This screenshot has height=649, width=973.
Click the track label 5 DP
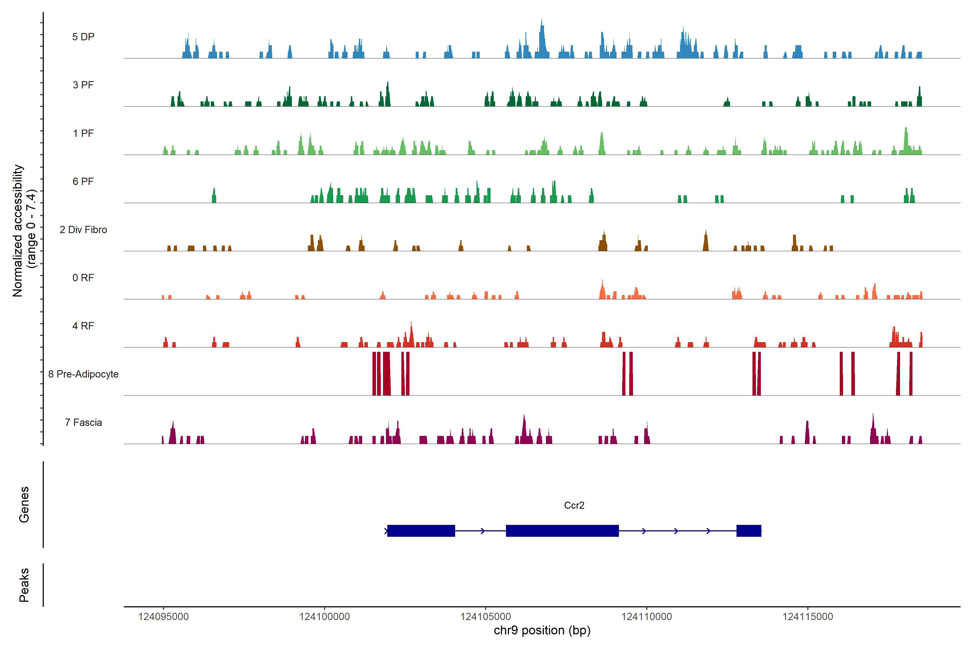[83, 37]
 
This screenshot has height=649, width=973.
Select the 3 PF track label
[83, 85]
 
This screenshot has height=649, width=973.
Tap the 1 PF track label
[83, 133]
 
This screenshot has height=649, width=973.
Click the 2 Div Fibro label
[83, 230]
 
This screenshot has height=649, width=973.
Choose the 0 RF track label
[83, 278]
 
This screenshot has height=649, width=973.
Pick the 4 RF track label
[83, 326]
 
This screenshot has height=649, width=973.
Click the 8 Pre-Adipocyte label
[83, 374]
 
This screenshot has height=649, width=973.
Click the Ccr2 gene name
[574, 505]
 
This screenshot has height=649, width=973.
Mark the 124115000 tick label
[808, 617]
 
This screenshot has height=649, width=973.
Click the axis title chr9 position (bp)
[542, 630]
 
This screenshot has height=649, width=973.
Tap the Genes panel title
[24, 505]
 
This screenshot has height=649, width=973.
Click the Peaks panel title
[24, 585]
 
